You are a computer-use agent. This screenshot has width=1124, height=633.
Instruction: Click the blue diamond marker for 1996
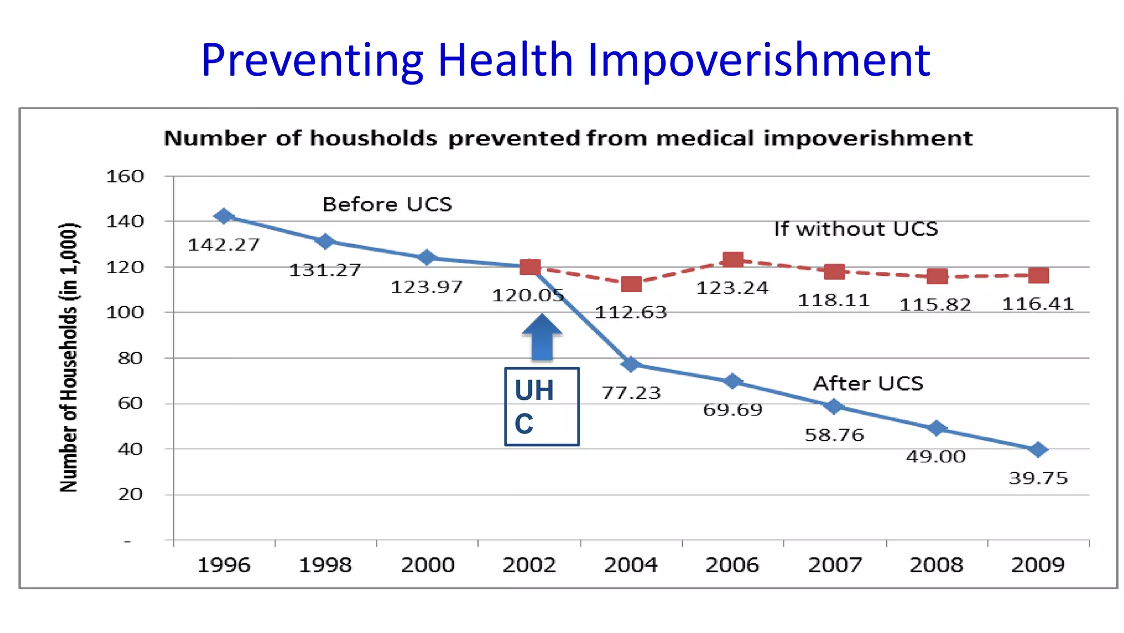223,216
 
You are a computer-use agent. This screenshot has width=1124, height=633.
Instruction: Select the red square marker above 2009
1038,275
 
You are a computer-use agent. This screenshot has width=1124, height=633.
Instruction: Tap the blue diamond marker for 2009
1038,450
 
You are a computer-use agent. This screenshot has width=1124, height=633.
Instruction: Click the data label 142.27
223,245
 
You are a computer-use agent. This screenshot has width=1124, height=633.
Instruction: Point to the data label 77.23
631,393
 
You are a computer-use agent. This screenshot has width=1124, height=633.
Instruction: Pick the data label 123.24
732,288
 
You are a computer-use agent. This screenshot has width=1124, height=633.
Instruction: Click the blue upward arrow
542,337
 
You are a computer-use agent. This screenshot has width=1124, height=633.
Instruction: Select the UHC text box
542,406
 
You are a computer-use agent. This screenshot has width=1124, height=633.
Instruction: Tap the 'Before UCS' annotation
387,205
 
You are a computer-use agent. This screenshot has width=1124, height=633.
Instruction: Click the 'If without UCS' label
856,229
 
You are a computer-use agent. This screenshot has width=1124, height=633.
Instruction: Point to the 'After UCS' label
868,383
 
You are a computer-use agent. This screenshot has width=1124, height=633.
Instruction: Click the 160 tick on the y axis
125,177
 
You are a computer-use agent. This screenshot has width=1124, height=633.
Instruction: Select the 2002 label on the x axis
529,565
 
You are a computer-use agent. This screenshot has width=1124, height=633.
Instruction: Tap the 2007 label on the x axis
835,565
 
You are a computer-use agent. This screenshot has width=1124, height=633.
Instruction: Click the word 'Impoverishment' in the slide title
758,60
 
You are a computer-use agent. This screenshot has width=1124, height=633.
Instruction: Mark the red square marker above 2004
631,284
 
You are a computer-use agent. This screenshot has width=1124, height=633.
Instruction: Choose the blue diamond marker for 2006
732,381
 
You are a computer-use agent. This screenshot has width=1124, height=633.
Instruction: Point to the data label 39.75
1038,478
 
